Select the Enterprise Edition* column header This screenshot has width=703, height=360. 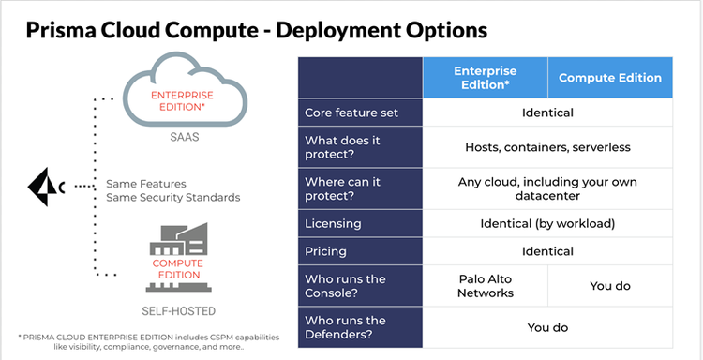tap(485, 78)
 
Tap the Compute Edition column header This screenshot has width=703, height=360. tap(609, 78)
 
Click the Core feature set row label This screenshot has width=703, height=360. tap(351, 112)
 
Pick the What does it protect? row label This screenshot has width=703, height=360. tap(352, 147)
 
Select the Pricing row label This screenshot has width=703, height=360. tap(325, 251)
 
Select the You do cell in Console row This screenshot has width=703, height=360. tap(609, 286)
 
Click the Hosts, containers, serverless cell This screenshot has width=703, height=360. tap(547, 147)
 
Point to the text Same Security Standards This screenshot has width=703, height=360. tap(173, 198)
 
